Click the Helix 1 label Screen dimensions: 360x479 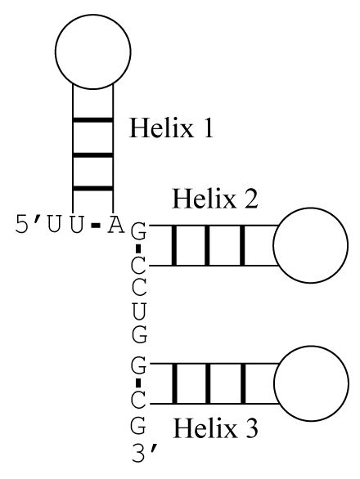click(x=171, y=128)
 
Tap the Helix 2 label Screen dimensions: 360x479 click(x=215, y=199)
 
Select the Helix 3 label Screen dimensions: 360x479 click(x=215, y=428)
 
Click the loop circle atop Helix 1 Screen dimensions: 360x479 click(x=93, y=15)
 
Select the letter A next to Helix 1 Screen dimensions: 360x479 click(x=115, y=225)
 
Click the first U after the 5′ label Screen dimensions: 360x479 click(x=53, y=225)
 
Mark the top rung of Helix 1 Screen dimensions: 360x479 click(x=93, y=120)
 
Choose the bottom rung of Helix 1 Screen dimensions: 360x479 click(x=93, y=188)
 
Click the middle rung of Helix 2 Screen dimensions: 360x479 click(x=207, y=245)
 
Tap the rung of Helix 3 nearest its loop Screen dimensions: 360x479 click(x=243, y=383)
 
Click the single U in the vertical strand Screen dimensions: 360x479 click(x=139, y=311)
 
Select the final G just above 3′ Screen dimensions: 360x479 click(x=139, y=426)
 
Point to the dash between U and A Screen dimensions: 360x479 click(x=96, y=226)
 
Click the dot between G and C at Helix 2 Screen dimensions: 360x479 click(x=138, y=248)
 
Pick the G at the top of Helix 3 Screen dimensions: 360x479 click(x=139, y=366)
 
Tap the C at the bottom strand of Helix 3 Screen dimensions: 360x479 click(x=139, y=401)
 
